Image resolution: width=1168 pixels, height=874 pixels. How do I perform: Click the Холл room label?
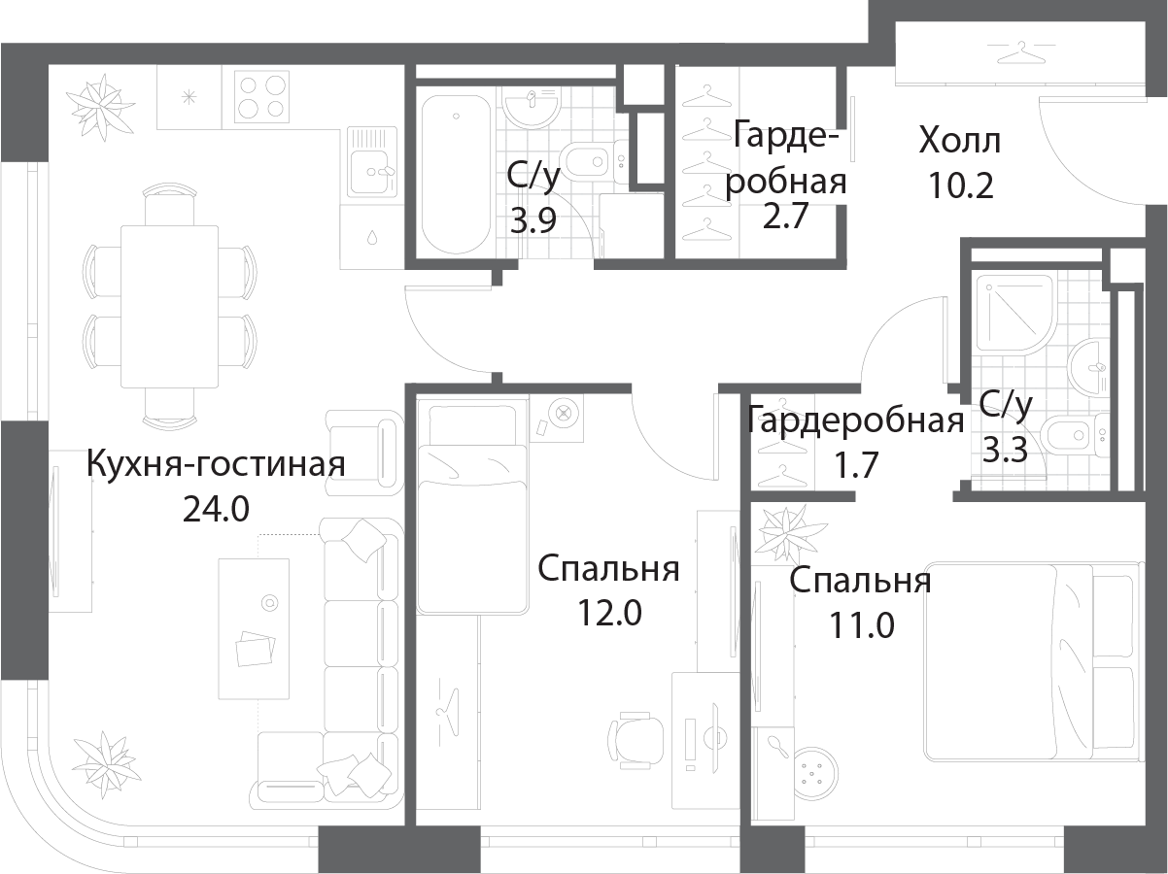[960, 141]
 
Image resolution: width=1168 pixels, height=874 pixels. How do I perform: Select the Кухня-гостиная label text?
[216, 464]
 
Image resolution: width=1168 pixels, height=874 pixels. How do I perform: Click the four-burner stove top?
[261, 97]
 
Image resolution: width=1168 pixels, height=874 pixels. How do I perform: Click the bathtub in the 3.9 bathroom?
[456, 175]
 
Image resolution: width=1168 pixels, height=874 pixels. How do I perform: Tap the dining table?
[169, 307]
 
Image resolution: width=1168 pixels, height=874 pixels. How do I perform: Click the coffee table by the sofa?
[255, 629]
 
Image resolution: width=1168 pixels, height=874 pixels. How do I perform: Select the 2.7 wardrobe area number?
[785, 216]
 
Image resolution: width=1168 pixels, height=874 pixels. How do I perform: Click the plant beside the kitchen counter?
[100, 105]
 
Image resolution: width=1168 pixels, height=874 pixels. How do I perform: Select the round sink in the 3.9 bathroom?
[532, 106]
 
